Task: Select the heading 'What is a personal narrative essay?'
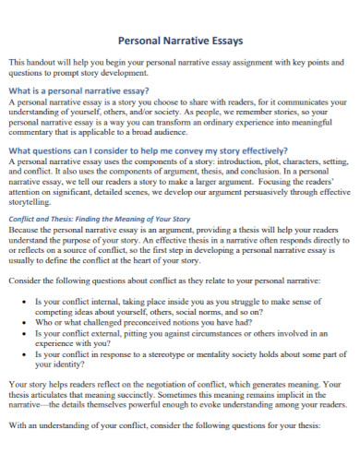78,91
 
